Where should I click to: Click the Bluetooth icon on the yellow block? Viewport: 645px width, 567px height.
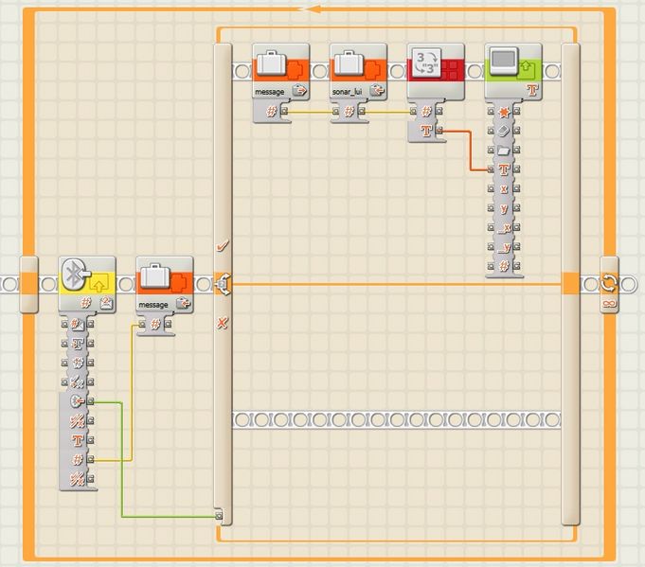(75, 273)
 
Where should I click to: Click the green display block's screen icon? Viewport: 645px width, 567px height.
(502, 62)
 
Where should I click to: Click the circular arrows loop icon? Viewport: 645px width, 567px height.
(609, 283)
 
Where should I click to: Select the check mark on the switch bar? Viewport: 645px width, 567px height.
(223, 246)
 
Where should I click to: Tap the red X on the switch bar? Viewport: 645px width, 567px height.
(223, 323)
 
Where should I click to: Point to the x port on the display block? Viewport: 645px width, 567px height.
(504, 188)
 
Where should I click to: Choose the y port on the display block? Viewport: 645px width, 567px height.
(504, 208)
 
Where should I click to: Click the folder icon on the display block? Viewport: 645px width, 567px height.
(504, 150)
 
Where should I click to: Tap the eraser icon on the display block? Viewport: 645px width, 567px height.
(504, 131)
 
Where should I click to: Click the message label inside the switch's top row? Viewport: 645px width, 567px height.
(270, 92)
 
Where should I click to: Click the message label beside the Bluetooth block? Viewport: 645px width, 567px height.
(152, 305)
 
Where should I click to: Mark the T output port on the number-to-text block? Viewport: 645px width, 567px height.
(426, 131)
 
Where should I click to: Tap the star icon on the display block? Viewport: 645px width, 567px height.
(504, 112)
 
